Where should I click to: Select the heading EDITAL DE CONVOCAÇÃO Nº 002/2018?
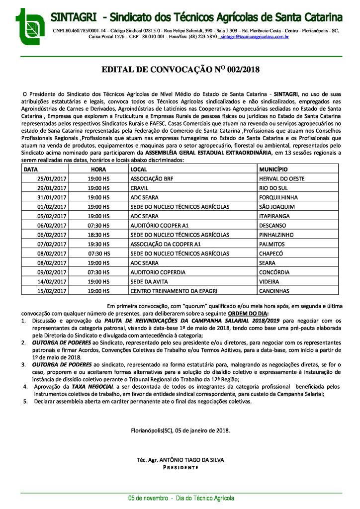(180, 70)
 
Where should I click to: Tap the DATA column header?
(31, 170)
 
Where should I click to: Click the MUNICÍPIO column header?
(273, 170)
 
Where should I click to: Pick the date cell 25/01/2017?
(52, 178)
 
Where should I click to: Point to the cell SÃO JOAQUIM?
(277, 206)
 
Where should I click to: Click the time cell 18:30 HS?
(98, 235)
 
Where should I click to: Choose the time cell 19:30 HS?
(98, 244)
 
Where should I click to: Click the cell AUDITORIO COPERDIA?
(158, 272)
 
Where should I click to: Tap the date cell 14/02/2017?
(52, 281)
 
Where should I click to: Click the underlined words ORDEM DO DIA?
(248, 314)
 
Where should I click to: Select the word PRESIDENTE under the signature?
(180, 468)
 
